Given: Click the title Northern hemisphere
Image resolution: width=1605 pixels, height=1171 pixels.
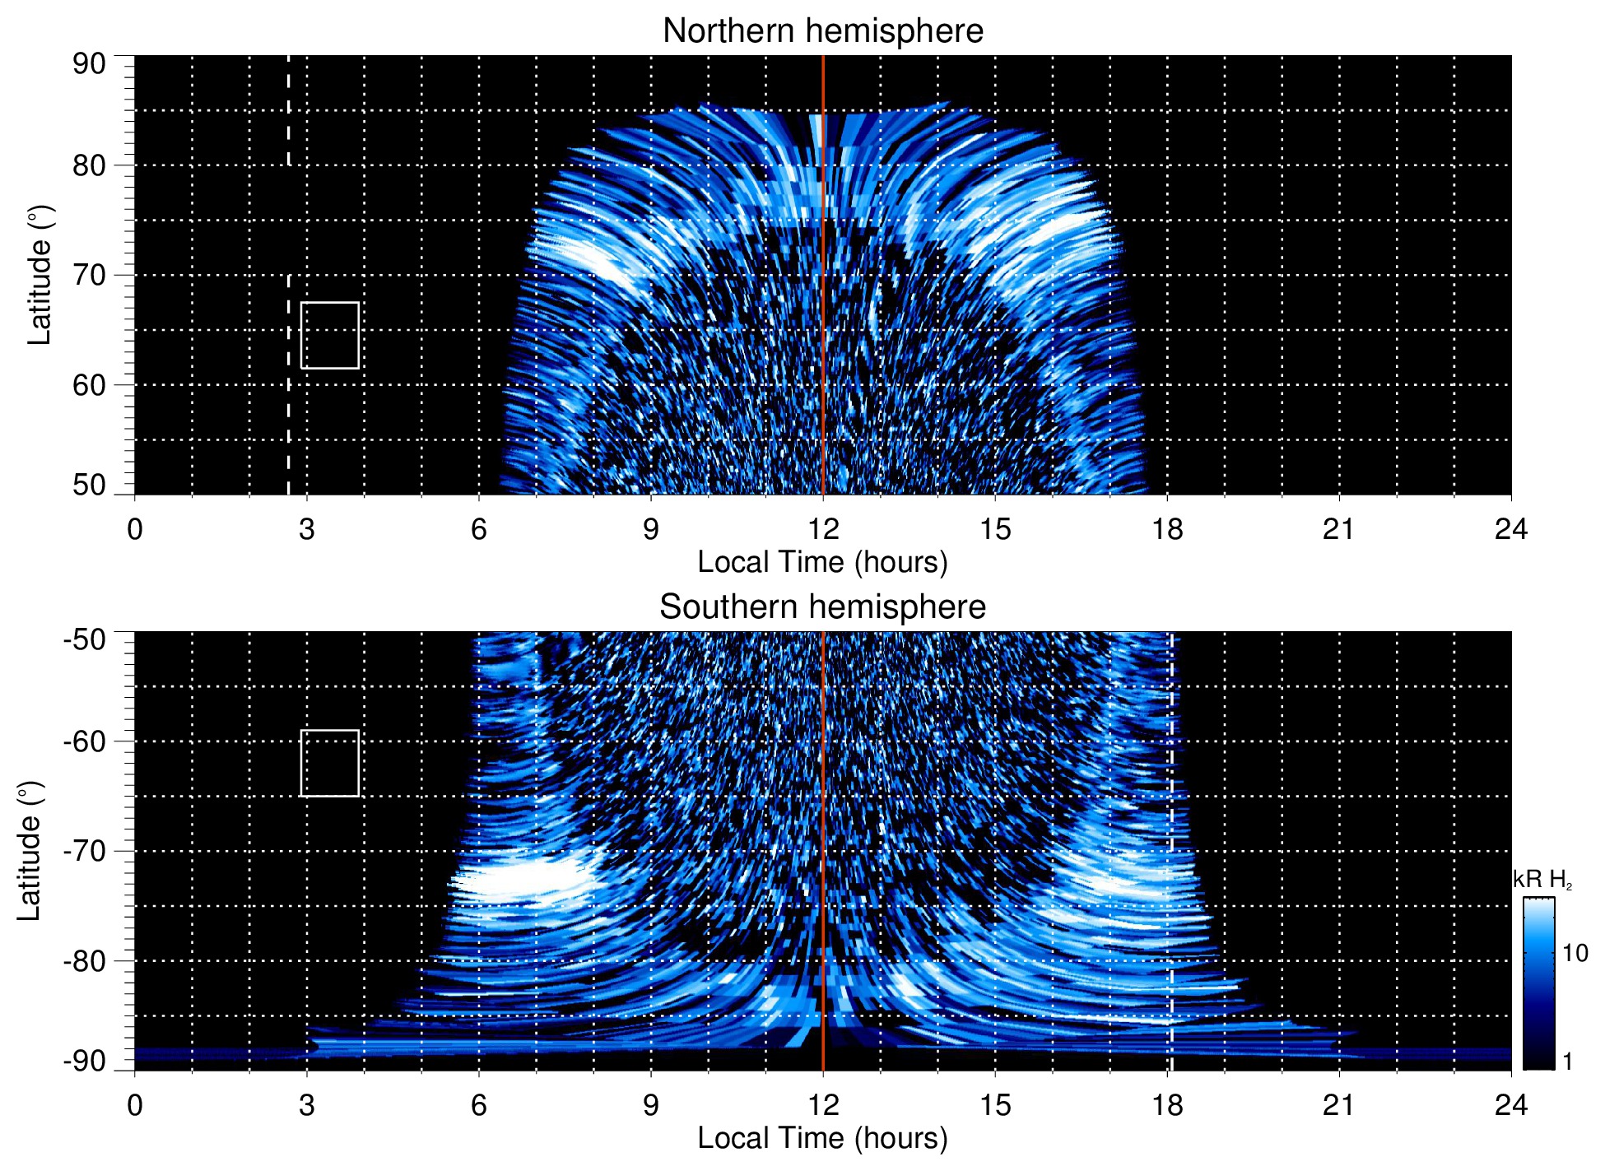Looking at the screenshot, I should coord(822,31).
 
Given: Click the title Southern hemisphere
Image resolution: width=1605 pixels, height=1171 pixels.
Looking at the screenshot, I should coord(822,607).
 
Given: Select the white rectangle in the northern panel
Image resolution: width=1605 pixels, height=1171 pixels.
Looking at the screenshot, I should coord(330,335).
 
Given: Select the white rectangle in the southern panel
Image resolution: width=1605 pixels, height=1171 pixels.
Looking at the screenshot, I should coord(330,763).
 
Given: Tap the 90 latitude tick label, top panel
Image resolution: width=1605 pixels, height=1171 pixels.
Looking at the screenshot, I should coord(89,64).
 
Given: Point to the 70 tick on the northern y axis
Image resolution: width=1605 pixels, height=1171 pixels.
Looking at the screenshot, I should coord(89,275).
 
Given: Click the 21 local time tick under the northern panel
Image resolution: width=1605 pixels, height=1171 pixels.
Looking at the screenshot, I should coord(1339,529).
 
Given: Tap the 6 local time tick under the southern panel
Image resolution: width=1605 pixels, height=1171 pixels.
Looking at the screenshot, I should coord(478,1105).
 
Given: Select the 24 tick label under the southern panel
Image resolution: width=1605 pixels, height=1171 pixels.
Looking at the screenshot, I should coord(1510,1105).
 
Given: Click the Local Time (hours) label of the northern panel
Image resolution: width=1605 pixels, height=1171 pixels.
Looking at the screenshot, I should coord(822,562).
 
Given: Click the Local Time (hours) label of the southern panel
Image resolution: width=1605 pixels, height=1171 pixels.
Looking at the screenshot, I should coord(822,1138).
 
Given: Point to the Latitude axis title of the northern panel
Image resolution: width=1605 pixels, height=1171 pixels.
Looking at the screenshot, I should coord(40,275).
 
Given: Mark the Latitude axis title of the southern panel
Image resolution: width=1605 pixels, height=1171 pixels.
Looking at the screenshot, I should coord(30,851).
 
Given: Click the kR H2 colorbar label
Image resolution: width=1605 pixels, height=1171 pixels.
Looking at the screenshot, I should coord(1542,880).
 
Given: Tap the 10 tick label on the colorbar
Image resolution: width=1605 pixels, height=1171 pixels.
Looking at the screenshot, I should coord(1575,954).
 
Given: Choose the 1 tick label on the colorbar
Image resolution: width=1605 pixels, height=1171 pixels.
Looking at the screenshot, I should coord(1567,1062).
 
